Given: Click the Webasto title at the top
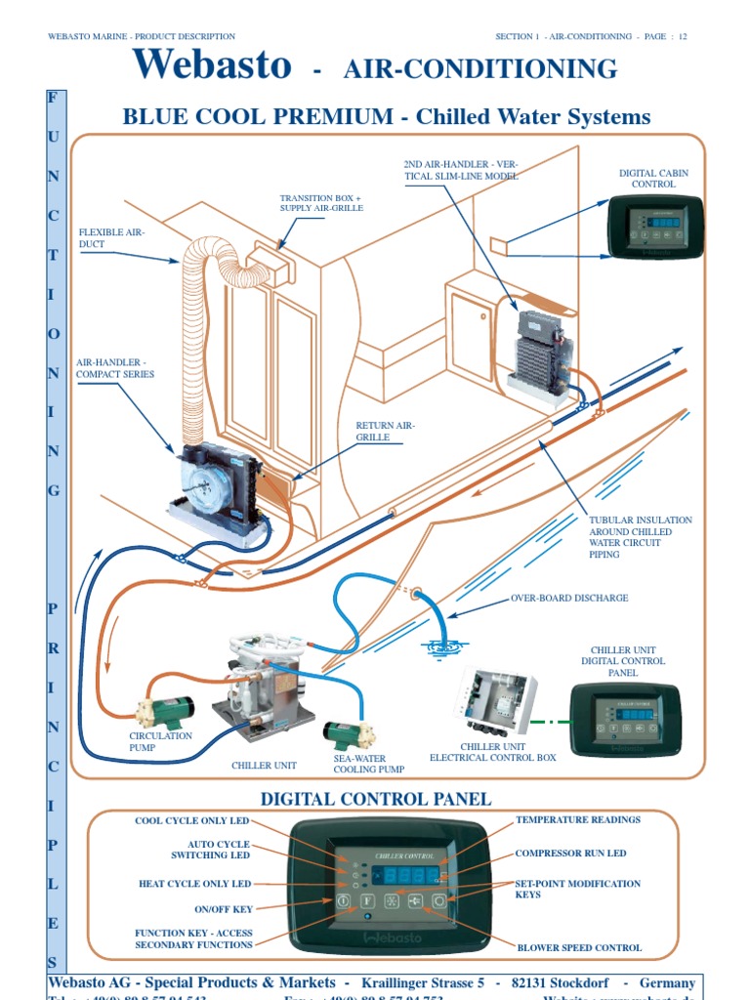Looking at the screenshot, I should pyautogui.click(x=213, y=65).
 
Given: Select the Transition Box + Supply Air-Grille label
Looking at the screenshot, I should pyautogui.click(x=320, y=204).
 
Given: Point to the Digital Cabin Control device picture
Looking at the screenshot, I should pyautogui.click(x=655, y=227).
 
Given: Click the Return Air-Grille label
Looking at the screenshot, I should pyautogui.click(x=386, y=432).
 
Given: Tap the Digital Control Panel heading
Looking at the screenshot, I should pyautogui.click(x=375, y=800).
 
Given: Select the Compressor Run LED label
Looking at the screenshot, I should pyautogui.click(x=571, y=854).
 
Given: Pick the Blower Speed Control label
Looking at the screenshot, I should pyautogui.click(x=579, y=947).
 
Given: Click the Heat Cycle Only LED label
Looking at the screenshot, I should pyautogui.click(x=194, y=884).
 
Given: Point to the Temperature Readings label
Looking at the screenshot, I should pyautogui.click(x=578, y=820).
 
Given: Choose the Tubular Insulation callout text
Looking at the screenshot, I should pyautogui.click(x=641, y=537).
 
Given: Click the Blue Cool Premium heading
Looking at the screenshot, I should pyautogui.click(x=386, y=117).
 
